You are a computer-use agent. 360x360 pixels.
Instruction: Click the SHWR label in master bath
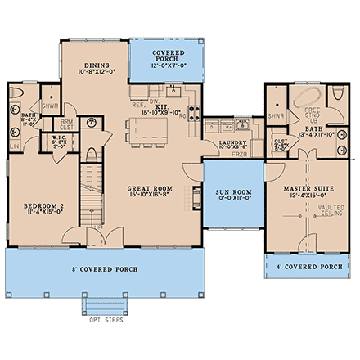tap(277, 116)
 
